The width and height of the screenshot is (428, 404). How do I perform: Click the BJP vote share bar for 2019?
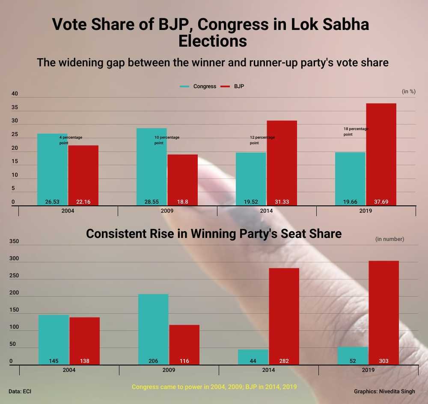381,154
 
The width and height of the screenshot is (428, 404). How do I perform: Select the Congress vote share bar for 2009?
152,167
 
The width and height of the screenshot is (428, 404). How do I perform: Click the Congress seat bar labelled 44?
253,356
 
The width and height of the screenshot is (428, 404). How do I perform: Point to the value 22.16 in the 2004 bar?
83,202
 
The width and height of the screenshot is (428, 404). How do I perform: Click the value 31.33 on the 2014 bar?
282,202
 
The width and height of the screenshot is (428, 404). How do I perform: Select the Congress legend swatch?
185,86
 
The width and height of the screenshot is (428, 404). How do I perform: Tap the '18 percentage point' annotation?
356,131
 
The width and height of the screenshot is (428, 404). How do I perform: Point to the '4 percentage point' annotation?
71,140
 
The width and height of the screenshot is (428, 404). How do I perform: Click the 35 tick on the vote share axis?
15,107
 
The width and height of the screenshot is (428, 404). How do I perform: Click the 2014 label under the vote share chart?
266,211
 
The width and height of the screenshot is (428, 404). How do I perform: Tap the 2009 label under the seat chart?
169,370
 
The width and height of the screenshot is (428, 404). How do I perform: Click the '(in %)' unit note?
409,91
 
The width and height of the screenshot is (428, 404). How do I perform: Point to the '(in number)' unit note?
389,239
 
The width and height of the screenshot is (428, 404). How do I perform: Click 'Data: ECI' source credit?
20,391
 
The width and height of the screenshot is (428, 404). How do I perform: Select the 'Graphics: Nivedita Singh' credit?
384,391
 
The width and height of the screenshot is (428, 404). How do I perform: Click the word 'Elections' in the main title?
212,42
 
